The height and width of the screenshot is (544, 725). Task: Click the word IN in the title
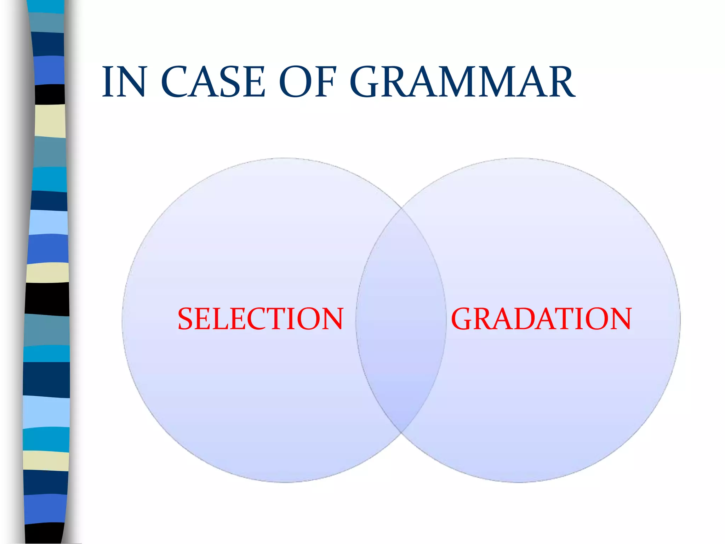click(124, 82)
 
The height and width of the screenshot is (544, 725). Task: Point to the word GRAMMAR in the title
click(462, 82)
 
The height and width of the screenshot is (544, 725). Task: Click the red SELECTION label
click(261, 319)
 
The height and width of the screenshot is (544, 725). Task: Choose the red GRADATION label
click(541, 319)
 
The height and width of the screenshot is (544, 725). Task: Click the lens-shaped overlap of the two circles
click(401, 319)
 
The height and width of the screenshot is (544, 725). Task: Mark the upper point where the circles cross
click(402, 208)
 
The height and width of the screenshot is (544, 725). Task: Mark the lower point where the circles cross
click(401, 432)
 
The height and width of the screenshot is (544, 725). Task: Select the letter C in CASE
click(175, 82)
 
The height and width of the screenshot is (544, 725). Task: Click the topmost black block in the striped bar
click(50, 94)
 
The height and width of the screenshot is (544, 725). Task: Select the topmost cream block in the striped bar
click(50, 121)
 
